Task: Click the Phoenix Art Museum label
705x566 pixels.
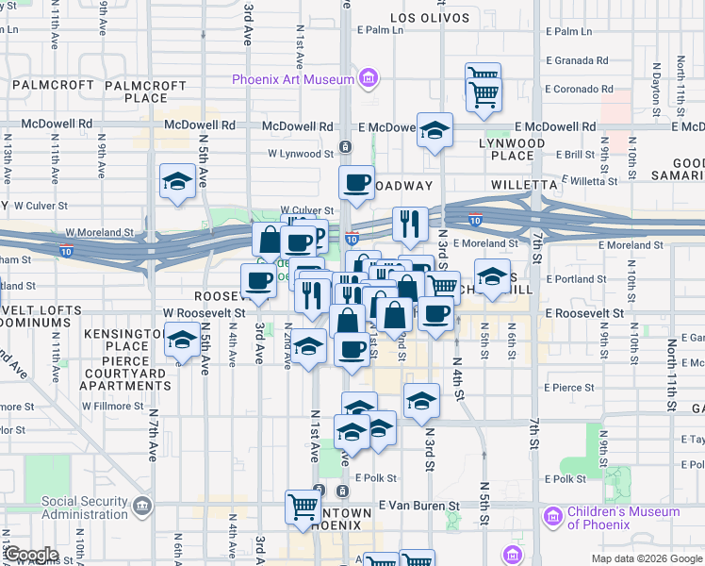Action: [x=293, y=79]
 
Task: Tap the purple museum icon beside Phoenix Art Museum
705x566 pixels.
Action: [x=369, y=78]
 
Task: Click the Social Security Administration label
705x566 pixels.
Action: [x=85, y=508]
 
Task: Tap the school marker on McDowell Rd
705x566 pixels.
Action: [x=435, y=131]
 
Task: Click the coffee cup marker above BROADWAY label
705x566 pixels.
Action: [x=356, y=183]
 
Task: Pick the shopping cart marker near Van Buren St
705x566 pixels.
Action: [x=303, y=507]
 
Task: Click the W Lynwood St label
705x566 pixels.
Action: [x=301, y=152]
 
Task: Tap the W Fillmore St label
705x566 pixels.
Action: [x=110, y=407]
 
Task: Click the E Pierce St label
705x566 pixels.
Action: [x=566, y=387]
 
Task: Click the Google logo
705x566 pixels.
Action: [x=31, y=556]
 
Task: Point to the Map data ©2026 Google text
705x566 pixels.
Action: [x=647, y=558]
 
